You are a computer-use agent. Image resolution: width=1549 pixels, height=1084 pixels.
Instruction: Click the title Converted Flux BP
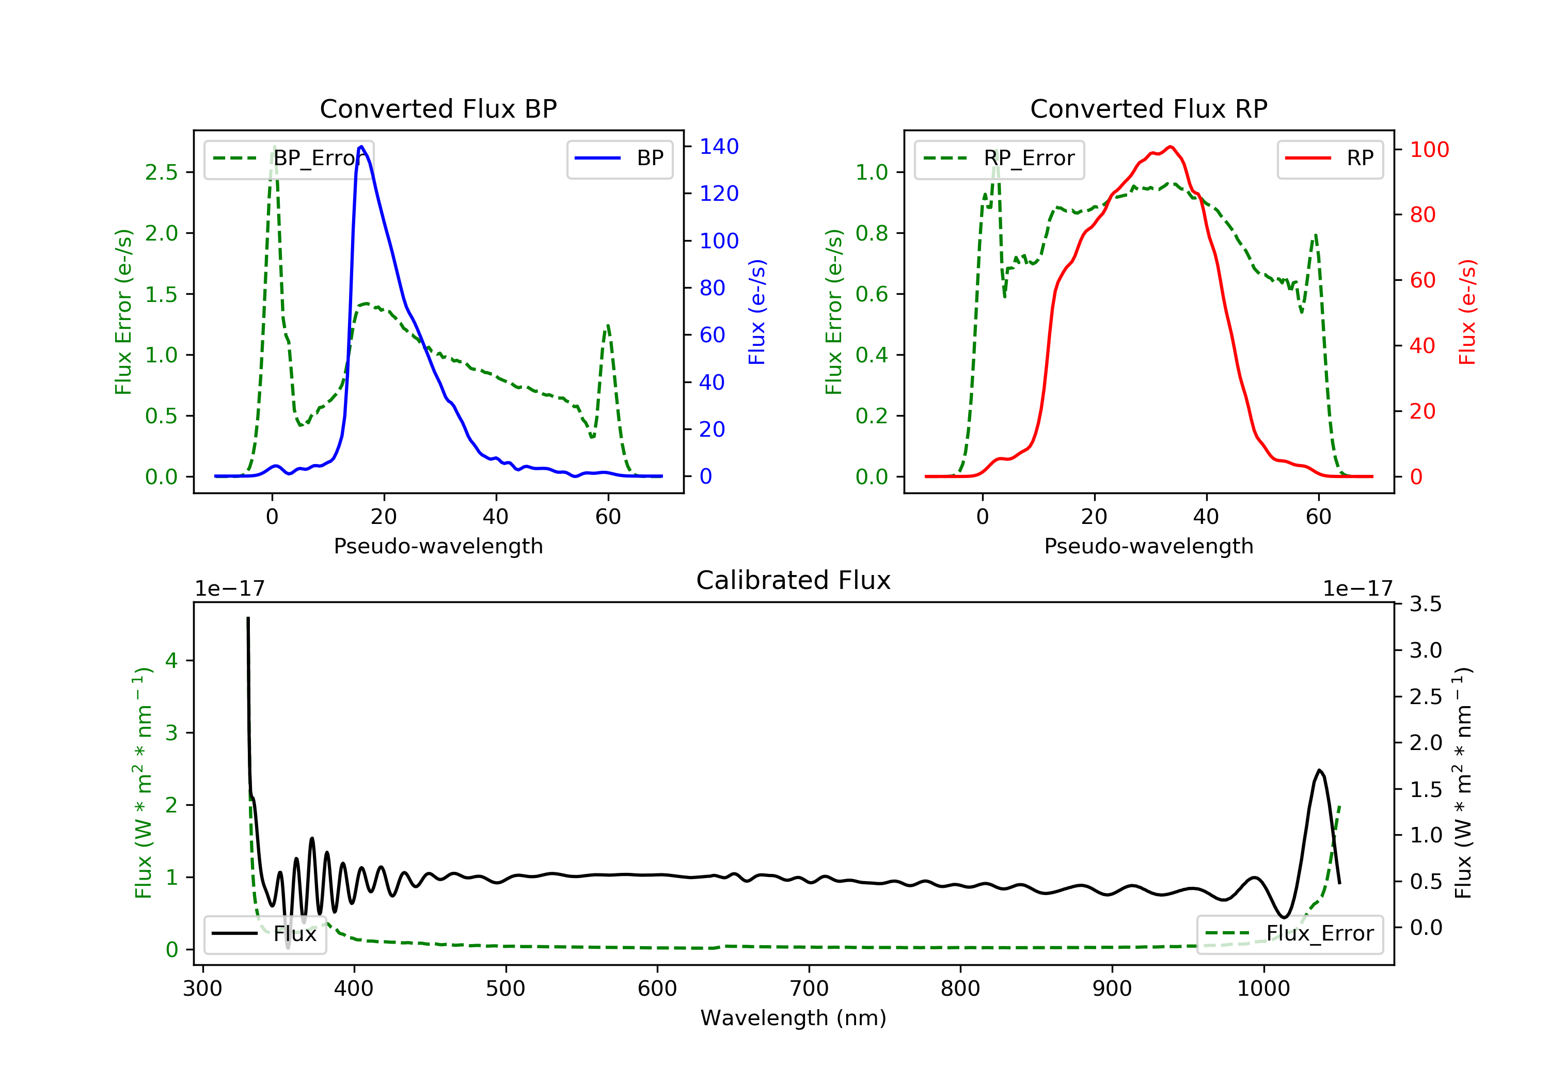[x=438, y=108]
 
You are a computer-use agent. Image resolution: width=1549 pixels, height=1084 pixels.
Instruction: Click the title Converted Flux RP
[x=1148, y=108]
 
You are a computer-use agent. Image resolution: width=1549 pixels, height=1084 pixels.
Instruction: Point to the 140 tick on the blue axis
[x=719, y=147]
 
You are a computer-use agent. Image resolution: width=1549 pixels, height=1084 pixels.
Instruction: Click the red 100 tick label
[x=1429, y=150]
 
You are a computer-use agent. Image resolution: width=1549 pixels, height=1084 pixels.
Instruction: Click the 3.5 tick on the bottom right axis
[x=1426, y=604]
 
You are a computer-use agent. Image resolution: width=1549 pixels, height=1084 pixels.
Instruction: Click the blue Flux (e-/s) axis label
[x=757, y=312]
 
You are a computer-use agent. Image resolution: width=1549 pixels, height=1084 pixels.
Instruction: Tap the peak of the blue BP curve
[x=361, y=147]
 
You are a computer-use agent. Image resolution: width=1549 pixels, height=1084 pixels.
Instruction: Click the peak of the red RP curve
[x=1170, y=147]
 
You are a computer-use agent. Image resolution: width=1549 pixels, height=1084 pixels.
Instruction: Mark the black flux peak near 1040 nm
[x=1319, y=770]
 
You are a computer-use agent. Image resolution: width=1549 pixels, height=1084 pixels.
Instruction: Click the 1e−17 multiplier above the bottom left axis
[x=229, y=589]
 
